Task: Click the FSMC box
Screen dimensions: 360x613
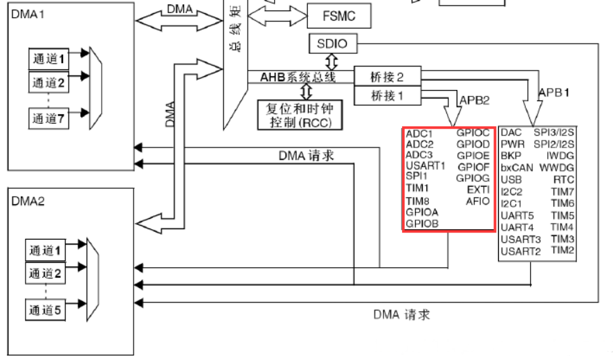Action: point(340,15)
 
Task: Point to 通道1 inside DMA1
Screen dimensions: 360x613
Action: point(48,59)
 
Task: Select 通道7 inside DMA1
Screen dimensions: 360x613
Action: point(48,118)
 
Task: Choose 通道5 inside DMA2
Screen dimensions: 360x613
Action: point(44,309)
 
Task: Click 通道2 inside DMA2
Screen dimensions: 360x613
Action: point(44,273)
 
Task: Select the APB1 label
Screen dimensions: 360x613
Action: point(554,91)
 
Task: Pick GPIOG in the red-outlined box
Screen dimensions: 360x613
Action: point(473,178)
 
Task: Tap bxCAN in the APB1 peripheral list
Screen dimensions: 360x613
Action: point(516,168)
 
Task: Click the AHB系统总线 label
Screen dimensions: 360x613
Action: point(298,77)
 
